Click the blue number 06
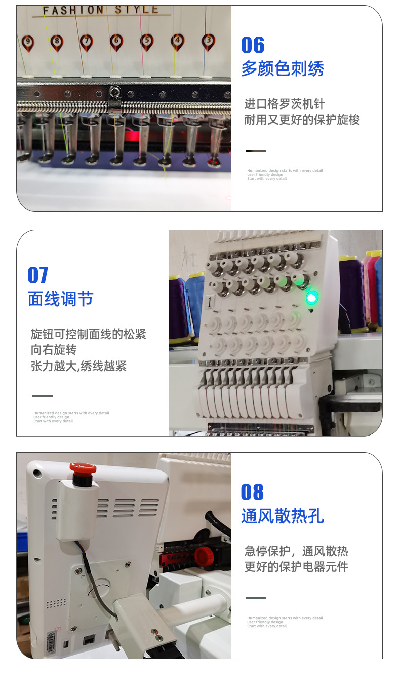(x=253, y=45)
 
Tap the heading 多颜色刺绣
(x=282, y=68)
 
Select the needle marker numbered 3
(x=208, y=41)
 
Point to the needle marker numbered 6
(x=116, y=41)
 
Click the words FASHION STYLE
(x=100, y=11)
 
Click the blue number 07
(x=38, y=275)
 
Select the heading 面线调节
(x=60, y=299)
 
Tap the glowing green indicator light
(x=311, y=298)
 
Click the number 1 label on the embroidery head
(x=209, y=303)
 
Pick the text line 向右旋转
(x=54, y=350)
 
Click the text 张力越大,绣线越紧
(x=78, y=366)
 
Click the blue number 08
(x=252, y=492)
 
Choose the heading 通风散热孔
(x=282, y=516)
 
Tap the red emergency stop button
(x=83, y=467)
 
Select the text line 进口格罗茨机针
(x=285, y=104)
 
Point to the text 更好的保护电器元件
(x=296, y=566)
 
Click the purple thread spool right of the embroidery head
(x=350, y=294)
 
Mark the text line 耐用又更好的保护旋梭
(x=302, y=120)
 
